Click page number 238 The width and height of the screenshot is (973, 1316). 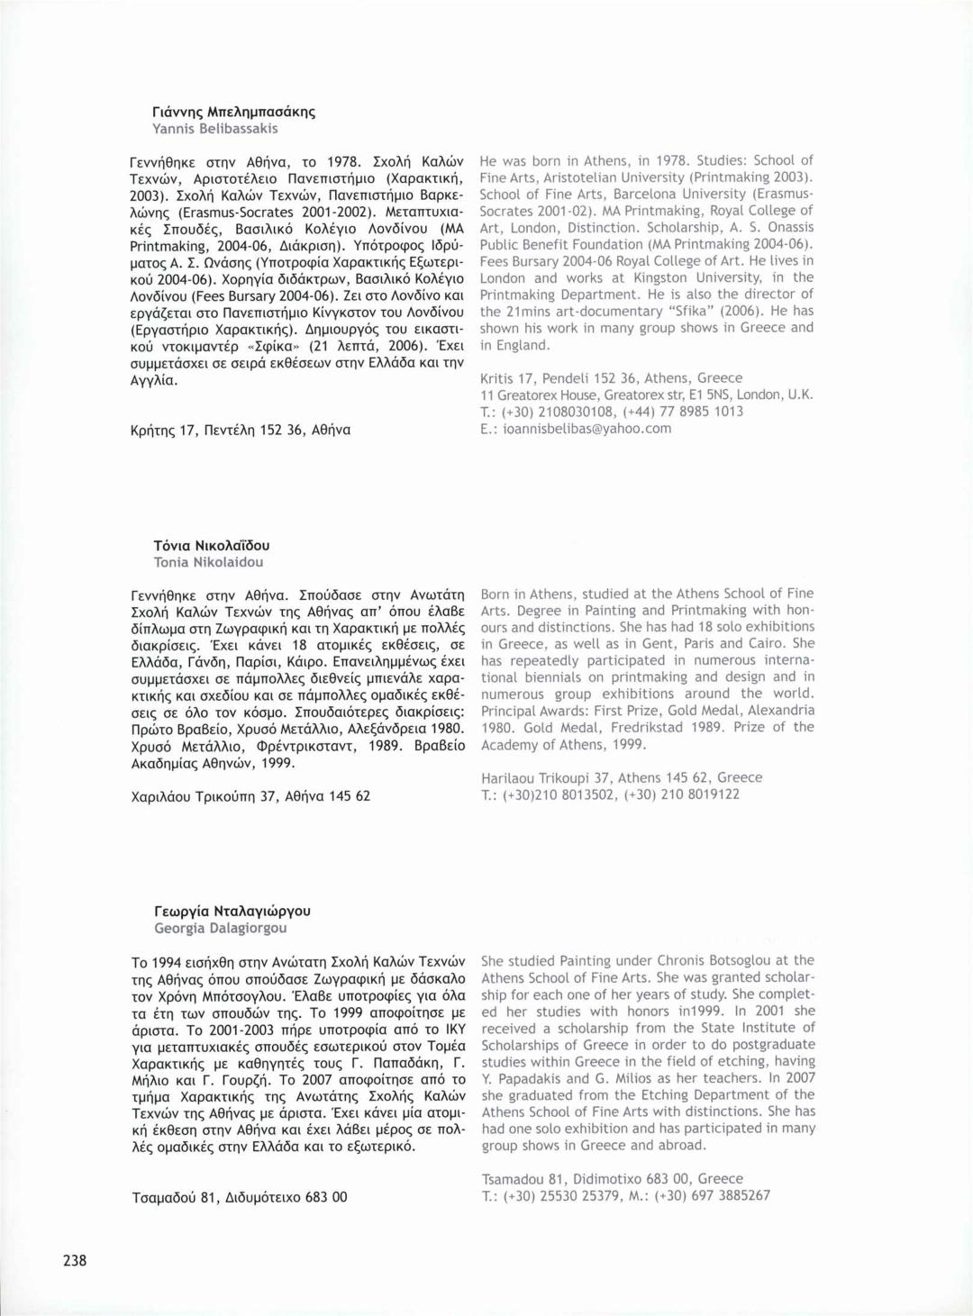click(75, 1259)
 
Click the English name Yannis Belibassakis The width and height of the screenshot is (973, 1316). click(214, 129)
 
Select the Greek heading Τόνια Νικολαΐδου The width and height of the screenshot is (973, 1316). click(211, 545)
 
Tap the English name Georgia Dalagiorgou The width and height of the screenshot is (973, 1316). click(220, 928)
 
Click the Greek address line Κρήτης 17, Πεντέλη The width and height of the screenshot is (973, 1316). click(241, 430)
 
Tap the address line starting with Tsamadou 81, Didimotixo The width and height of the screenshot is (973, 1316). click(613, 1178)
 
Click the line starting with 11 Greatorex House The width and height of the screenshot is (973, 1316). click(646, 395)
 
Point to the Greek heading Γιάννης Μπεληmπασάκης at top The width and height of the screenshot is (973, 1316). click(234, 112)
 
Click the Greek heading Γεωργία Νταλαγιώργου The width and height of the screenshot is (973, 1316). click(232, 911)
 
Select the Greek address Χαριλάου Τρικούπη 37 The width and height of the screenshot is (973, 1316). click(250, 796)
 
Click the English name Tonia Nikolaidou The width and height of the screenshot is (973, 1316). click(208, 562)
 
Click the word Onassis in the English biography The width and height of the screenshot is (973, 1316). click(790, 227)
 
